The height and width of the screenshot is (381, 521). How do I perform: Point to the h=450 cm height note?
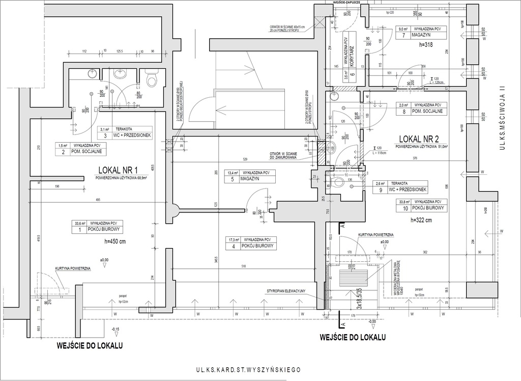point(115,241)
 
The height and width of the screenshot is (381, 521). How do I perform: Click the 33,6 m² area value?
point(78,223)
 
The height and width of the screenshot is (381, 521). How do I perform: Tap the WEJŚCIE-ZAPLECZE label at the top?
point(346,3)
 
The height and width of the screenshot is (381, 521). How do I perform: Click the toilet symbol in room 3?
point(151,79)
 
